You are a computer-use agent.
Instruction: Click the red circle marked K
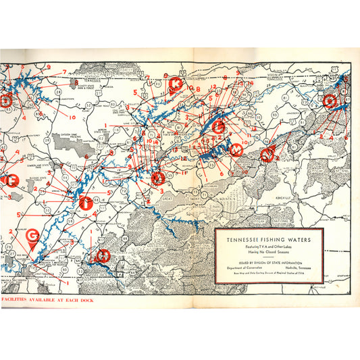coord(175,84)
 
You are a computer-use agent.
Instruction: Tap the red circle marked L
coord(218,126)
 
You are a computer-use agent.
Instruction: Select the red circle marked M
coord(236,150)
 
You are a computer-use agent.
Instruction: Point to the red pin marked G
coord(32,237)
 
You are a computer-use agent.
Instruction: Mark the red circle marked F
coord(11,180)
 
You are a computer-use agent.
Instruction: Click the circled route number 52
coord(88,105)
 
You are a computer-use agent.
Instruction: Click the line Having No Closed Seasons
coord(268,251)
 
